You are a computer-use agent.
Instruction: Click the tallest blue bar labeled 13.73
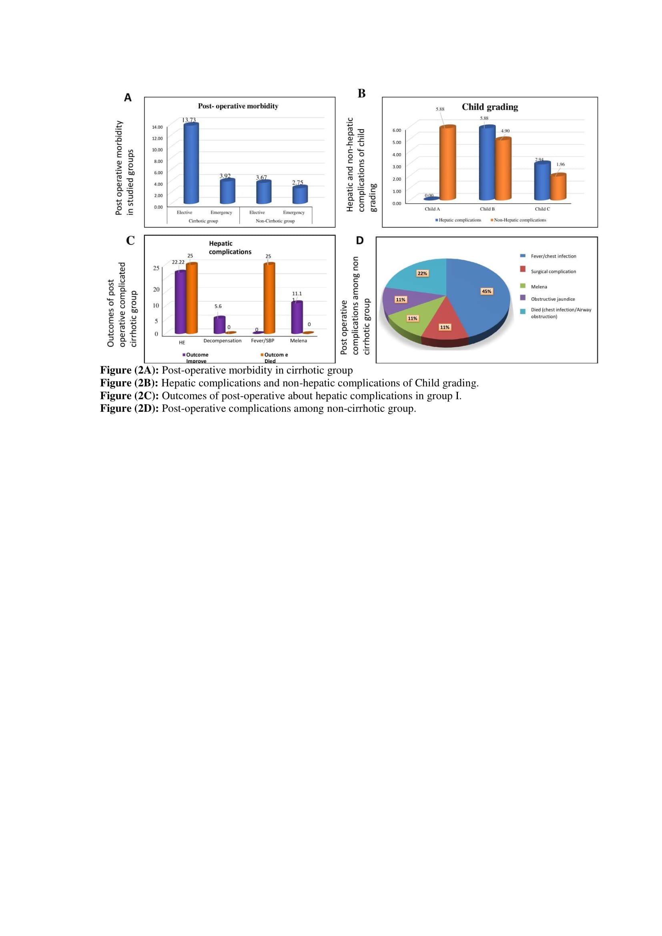tap(191, 163)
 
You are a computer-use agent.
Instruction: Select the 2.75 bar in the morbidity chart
tap(300, 194)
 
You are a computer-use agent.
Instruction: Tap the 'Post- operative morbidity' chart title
tap(238, 106)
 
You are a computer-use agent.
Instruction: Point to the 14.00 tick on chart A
tap(157, 127)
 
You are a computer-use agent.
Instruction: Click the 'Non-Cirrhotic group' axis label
tap(275, 221)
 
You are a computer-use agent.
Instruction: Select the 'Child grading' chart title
tap(489, 107)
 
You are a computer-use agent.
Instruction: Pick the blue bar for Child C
tap(542, 181)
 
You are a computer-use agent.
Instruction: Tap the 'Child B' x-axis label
tap(487, 209)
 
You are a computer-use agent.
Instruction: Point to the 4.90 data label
tap(505, 131)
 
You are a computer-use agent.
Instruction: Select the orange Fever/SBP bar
tap(269, 299)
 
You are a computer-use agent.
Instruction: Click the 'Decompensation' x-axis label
tap(222, 341)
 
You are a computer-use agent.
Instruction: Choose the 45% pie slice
tap(481, 293)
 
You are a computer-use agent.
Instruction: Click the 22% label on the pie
tap(422, 273)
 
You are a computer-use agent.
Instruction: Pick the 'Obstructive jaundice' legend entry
tap(553, 299)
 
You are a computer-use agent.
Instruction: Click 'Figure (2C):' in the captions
tap(129, 396)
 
